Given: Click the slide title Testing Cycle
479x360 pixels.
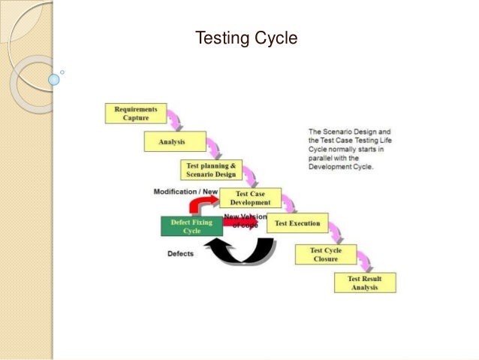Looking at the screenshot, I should click(246, 37).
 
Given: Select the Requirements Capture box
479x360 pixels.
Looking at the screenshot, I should click(136, 113).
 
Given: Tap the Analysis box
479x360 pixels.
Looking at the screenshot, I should click(171, 141).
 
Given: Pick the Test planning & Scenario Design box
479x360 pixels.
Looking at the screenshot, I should click(212, 170).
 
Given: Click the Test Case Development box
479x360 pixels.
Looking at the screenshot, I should click(250, 198).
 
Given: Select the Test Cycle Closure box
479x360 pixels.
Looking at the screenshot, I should click(325, 254).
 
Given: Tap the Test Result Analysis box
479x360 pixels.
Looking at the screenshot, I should click(364, 283).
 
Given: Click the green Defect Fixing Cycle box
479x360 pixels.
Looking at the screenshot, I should click(191, 226).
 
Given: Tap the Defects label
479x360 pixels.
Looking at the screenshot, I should click(180, 253).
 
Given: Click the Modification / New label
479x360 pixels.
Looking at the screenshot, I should click(185, 192).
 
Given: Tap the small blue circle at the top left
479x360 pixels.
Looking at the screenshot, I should click(53, 78).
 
